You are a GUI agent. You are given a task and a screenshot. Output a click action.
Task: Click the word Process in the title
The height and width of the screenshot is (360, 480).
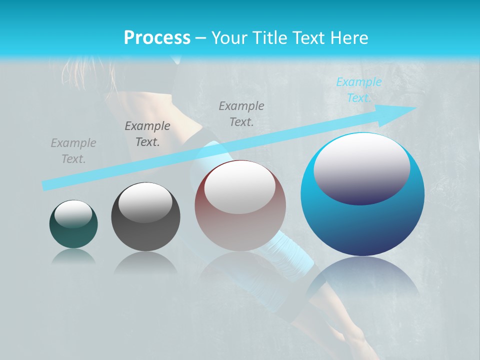point(157,38)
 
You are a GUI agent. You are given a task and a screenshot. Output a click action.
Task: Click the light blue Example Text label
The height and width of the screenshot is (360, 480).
point(358,89)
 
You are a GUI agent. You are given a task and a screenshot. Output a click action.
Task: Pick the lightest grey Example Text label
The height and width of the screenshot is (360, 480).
point(73,151)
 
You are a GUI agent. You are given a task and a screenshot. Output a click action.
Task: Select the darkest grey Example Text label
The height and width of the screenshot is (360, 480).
point(147,133)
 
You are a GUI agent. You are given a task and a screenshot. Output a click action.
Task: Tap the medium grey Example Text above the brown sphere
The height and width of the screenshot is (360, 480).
point(241,113)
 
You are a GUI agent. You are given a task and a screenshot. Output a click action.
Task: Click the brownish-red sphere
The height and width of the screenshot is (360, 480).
point(240,230)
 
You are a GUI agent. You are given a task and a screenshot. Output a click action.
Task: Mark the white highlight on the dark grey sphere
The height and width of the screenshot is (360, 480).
point(145,203)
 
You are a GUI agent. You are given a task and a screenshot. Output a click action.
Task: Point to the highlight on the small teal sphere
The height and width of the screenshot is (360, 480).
point(73,213)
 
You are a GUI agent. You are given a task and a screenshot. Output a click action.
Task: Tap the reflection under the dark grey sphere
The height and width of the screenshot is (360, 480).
point(145,262)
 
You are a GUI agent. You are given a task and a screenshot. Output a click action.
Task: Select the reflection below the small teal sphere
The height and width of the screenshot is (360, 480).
point(73,256)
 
